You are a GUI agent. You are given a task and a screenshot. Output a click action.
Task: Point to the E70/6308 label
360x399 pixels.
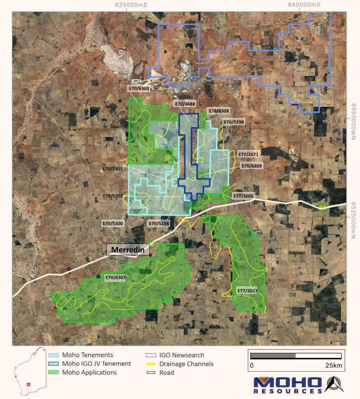[x=219, y=111]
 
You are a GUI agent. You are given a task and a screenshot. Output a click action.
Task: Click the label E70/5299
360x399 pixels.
[x=234, y=122]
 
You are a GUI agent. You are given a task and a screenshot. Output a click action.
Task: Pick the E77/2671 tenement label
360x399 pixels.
[x=250, y=154]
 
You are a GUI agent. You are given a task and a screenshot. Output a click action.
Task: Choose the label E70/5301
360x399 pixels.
[x=113, y=169]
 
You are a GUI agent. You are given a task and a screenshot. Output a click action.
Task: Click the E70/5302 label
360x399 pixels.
[x=113, y=196]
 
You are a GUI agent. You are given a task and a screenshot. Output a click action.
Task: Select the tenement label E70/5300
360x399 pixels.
[x=113, y=224]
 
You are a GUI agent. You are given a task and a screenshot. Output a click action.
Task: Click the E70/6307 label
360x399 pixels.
[x=115, y=278]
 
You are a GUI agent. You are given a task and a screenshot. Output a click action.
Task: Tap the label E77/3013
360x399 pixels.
[x=247, y=291]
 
